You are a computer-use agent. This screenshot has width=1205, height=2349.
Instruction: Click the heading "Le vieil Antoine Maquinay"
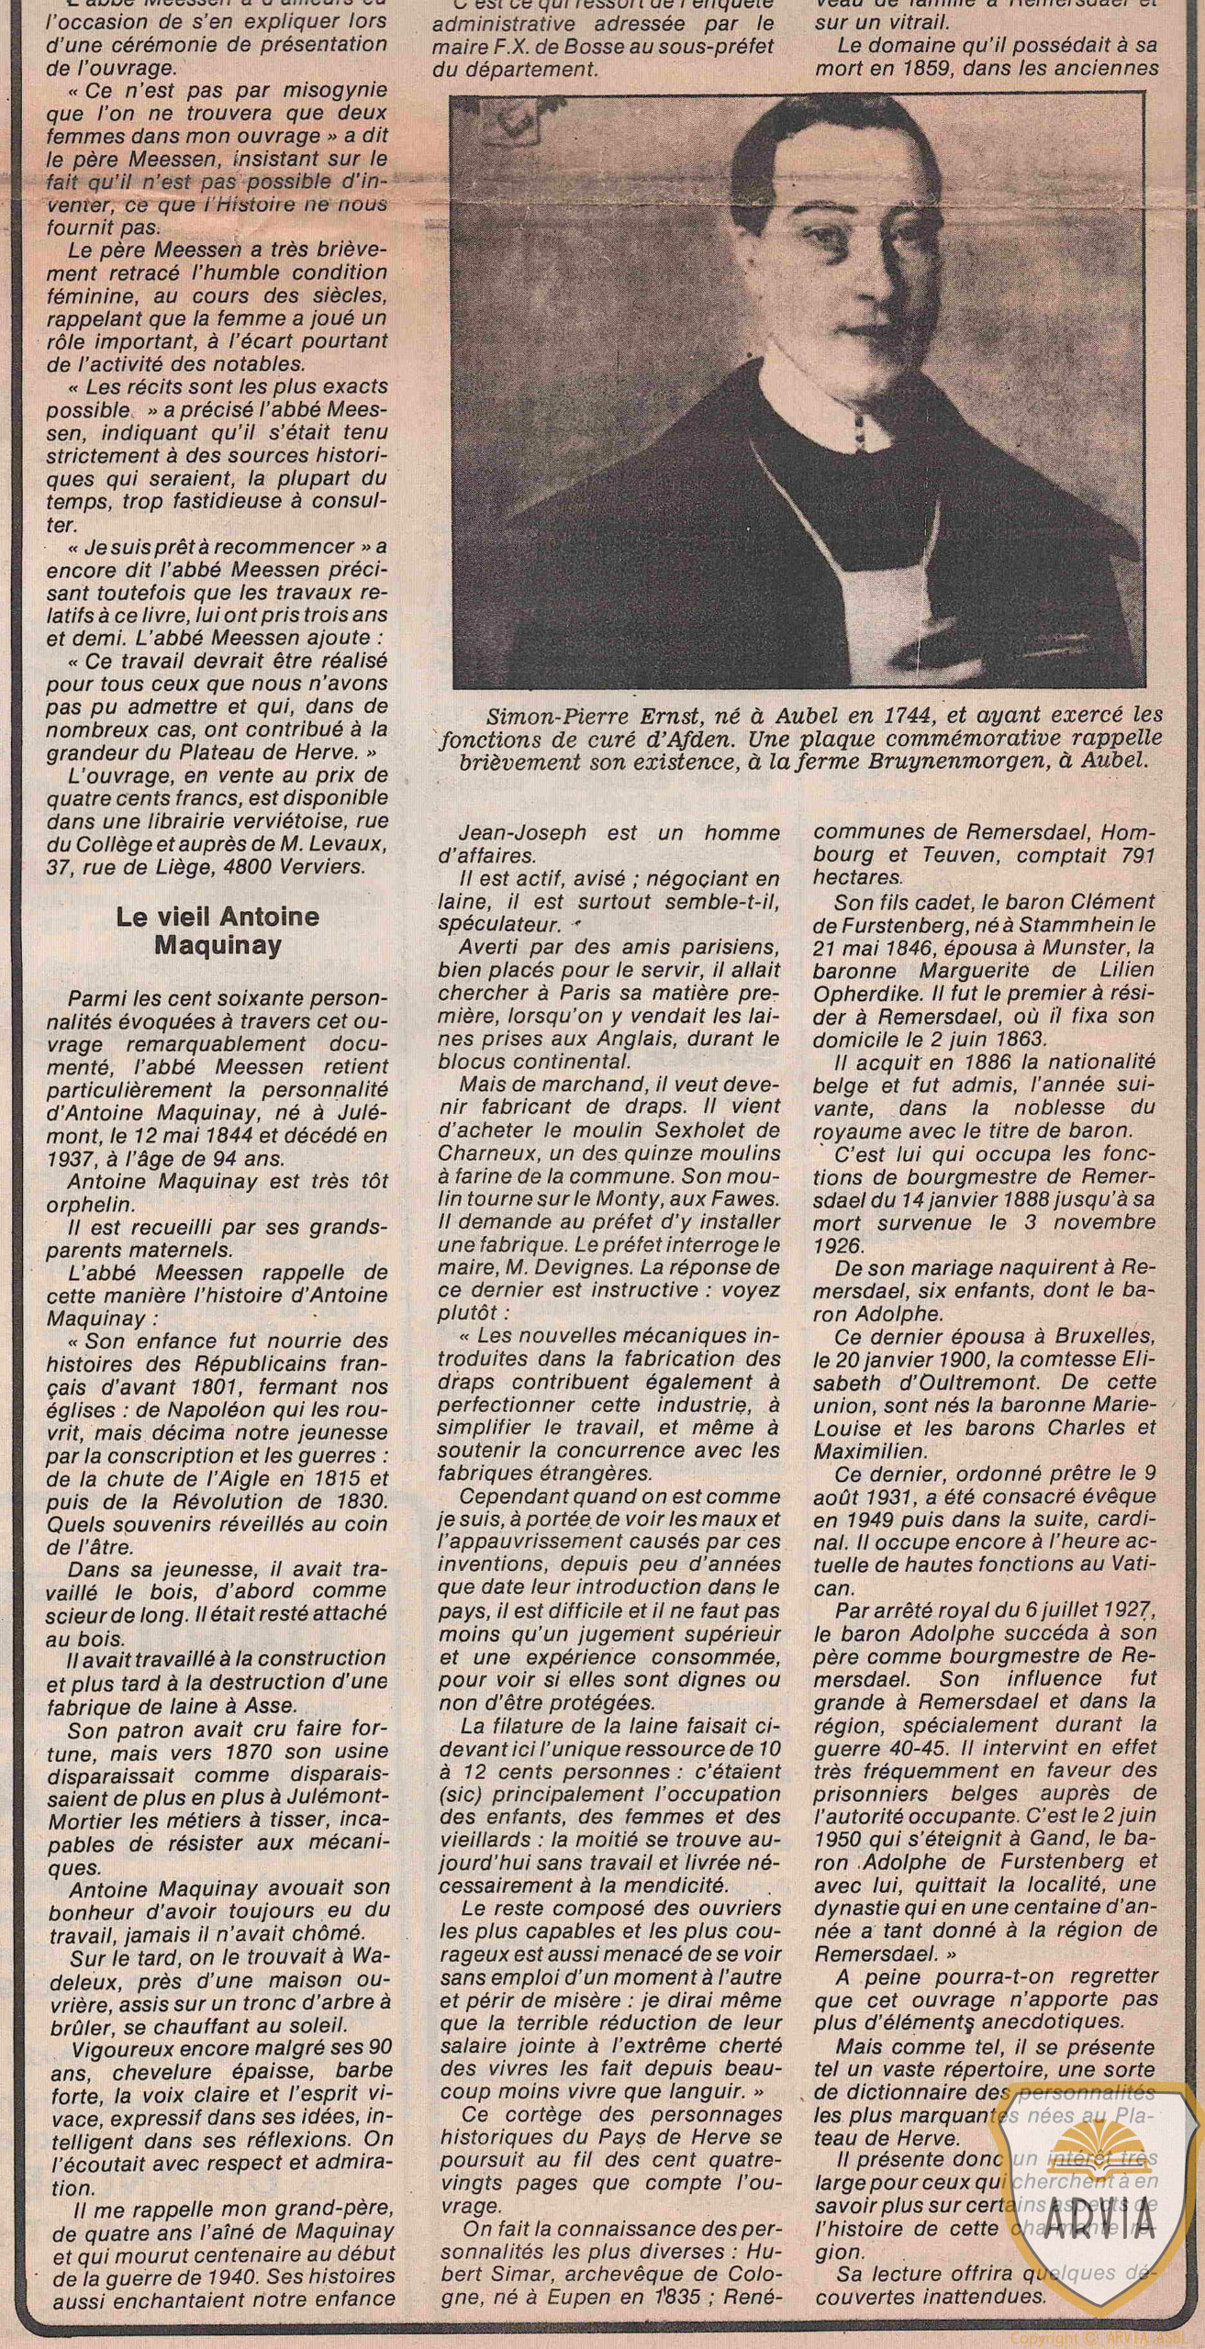(218, 931)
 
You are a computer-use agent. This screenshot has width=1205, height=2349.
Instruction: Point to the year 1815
(278, 1479)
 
